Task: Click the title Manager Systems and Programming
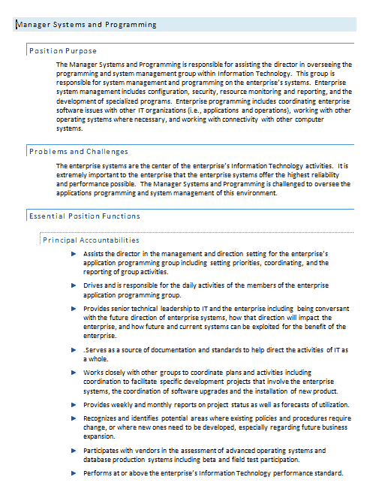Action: click(x=86, y=25)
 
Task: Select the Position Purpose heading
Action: click(x=62, y=51)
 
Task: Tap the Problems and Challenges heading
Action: click(x=78, y=152)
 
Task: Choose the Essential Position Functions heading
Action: click(x=84, y=216)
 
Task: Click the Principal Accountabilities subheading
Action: click(x=91, y=240)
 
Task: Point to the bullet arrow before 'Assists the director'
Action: click(x=74, y=254)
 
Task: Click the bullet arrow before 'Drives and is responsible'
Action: click(x=74, y=286)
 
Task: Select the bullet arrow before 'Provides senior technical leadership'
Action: click(x=74, y=309)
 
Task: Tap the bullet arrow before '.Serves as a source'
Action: click(x=74, y=350)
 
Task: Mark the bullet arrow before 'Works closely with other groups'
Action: click(x=74, y=372)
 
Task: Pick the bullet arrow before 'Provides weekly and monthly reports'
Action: click(x=74, y=405)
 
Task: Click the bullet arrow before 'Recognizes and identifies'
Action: click(x=74, y=418)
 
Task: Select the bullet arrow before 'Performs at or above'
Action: click(x=74, y=473)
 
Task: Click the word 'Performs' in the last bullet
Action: click(x=98, y=473)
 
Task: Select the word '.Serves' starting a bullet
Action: click(x=95, y=350)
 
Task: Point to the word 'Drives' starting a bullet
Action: click(x=94, y=286)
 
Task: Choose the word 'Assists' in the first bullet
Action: click(x=95, y=254)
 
